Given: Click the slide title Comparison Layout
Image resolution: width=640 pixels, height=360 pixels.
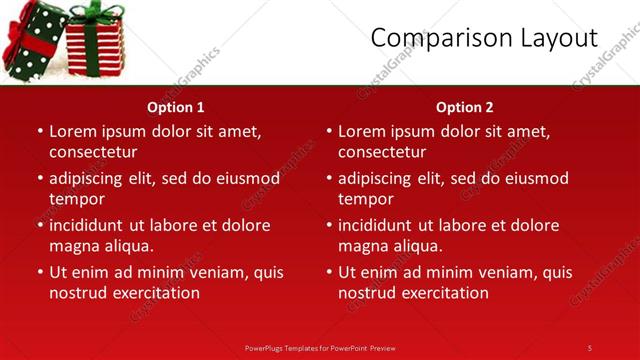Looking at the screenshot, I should pos(484,38).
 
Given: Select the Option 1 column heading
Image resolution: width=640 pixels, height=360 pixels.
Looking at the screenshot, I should pos(176,107).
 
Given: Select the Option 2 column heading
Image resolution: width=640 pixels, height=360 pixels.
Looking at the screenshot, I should pos(465,107).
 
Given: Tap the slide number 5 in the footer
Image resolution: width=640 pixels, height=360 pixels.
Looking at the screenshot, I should pos(590,347).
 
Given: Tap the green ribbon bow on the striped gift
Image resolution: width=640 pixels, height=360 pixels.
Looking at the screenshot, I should pos(96,12).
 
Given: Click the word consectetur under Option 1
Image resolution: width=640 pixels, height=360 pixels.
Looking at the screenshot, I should pos(93,152).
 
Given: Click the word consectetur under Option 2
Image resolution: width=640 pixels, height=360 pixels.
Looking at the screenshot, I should pos(382,152).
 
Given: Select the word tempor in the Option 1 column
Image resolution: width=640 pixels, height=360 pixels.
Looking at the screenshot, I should pos(76,199).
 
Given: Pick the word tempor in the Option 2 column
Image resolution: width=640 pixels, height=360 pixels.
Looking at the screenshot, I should pos(365,199).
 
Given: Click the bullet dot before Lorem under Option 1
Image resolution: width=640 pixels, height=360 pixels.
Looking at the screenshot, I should pos(39,131).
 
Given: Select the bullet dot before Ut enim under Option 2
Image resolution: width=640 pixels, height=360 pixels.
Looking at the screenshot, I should pos(328,272).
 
